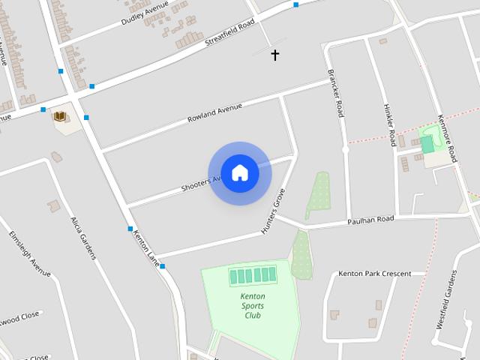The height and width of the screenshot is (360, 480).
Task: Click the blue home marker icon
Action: click(x=239, y=173)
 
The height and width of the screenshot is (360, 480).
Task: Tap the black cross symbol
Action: click(x=275, y=55)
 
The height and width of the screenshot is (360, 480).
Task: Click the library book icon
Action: click(x=59, y=116)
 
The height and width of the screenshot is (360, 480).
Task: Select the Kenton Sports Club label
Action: click(x=253, y=305)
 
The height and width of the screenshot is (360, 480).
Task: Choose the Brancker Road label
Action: click(x=335, y=93)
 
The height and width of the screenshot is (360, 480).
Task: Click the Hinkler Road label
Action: click(x=390, y=124)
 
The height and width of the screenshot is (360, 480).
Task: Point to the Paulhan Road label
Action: click(x=370, y=220)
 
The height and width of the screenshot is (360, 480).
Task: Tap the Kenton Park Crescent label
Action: click(x=374, y=274)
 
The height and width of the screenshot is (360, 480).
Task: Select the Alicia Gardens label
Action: click(x=83, y=238)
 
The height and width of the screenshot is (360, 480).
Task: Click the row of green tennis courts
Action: click(x=253, y=276)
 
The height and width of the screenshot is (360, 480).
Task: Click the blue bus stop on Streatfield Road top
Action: click(x=296, y=4)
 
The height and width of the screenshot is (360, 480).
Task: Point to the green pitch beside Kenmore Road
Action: click(x=427, y=144)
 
